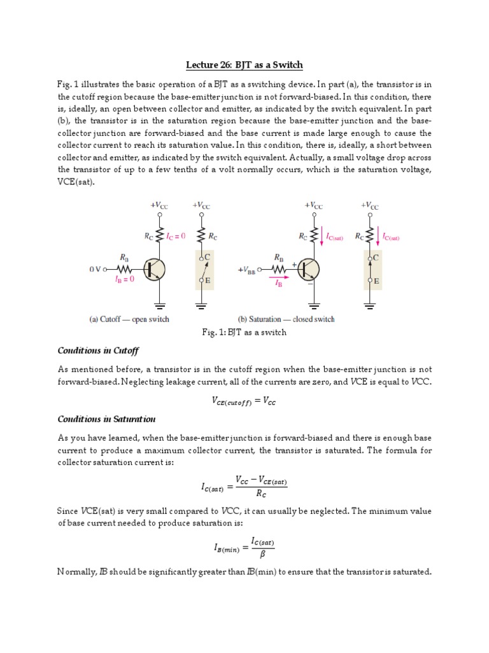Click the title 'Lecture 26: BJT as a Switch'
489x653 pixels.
[244, 65]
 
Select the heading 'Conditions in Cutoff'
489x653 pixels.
[98, 351]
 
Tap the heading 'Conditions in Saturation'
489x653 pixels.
[106, 419]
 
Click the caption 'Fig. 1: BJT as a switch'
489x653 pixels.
[244, 332]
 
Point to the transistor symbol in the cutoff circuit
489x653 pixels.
[153, 269]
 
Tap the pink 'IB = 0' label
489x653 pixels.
[124, 279]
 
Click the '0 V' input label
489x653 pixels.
[95, 269]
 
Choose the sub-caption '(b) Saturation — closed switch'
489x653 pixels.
[286, 319]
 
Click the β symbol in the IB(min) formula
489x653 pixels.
[262, 554]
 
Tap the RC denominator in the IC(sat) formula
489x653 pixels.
[261, 493]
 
